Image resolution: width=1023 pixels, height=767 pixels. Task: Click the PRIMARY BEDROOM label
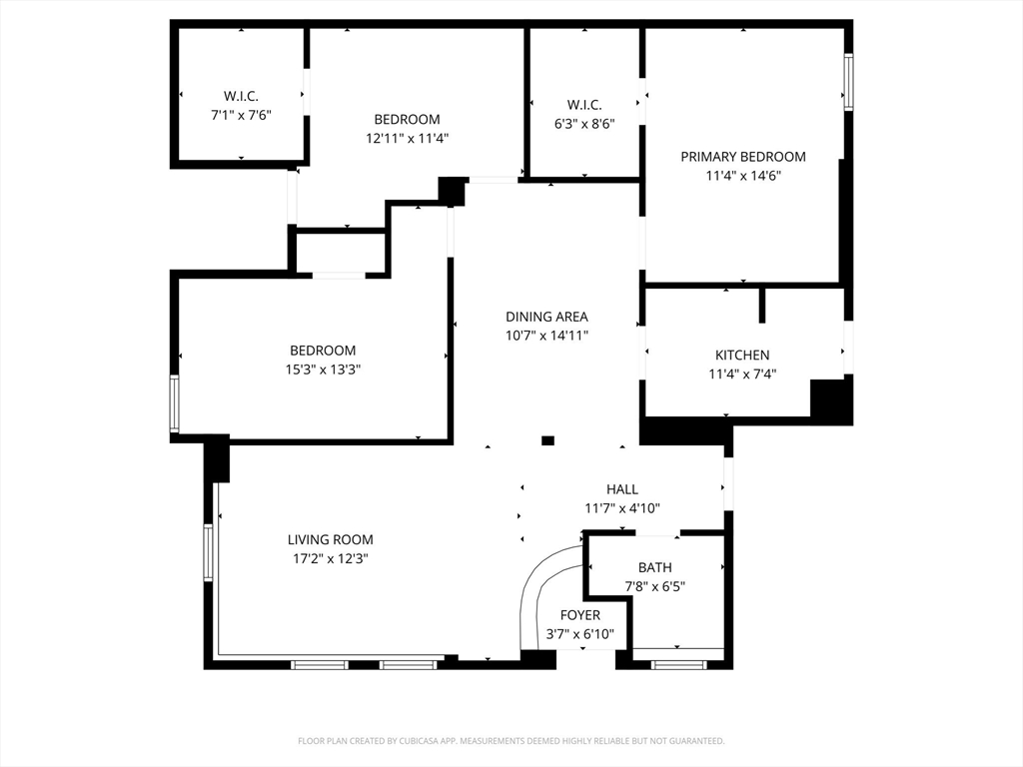pos(742,157)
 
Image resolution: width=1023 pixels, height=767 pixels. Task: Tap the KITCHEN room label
pos(742,356)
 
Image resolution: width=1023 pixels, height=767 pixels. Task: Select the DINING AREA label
pos(545,317)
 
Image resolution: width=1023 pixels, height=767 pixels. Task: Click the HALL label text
pos(621,489)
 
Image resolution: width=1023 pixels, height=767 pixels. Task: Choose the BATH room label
pos(654,567)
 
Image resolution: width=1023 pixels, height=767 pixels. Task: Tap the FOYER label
pos(579,615)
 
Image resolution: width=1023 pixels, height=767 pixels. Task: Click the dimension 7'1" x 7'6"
pos(241,115)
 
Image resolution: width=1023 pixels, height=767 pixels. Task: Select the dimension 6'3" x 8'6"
pos(583,124)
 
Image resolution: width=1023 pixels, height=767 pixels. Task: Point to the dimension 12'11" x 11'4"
pos(407,139)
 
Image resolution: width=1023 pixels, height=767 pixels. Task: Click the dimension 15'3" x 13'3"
pos(323,370)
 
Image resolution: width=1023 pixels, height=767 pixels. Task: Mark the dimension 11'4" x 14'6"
pos(742,176)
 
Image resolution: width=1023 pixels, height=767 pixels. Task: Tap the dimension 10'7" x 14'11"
pos(545,336)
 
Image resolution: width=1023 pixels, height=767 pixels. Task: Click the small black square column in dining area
pos(547,440)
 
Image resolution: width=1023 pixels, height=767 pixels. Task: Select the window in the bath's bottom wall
pos(678,664)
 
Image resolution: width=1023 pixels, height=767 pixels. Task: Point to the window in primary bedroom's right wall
pos(847,82)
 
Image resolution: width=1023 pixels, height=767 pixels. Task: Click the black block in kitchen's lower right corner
pos(830,400)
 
